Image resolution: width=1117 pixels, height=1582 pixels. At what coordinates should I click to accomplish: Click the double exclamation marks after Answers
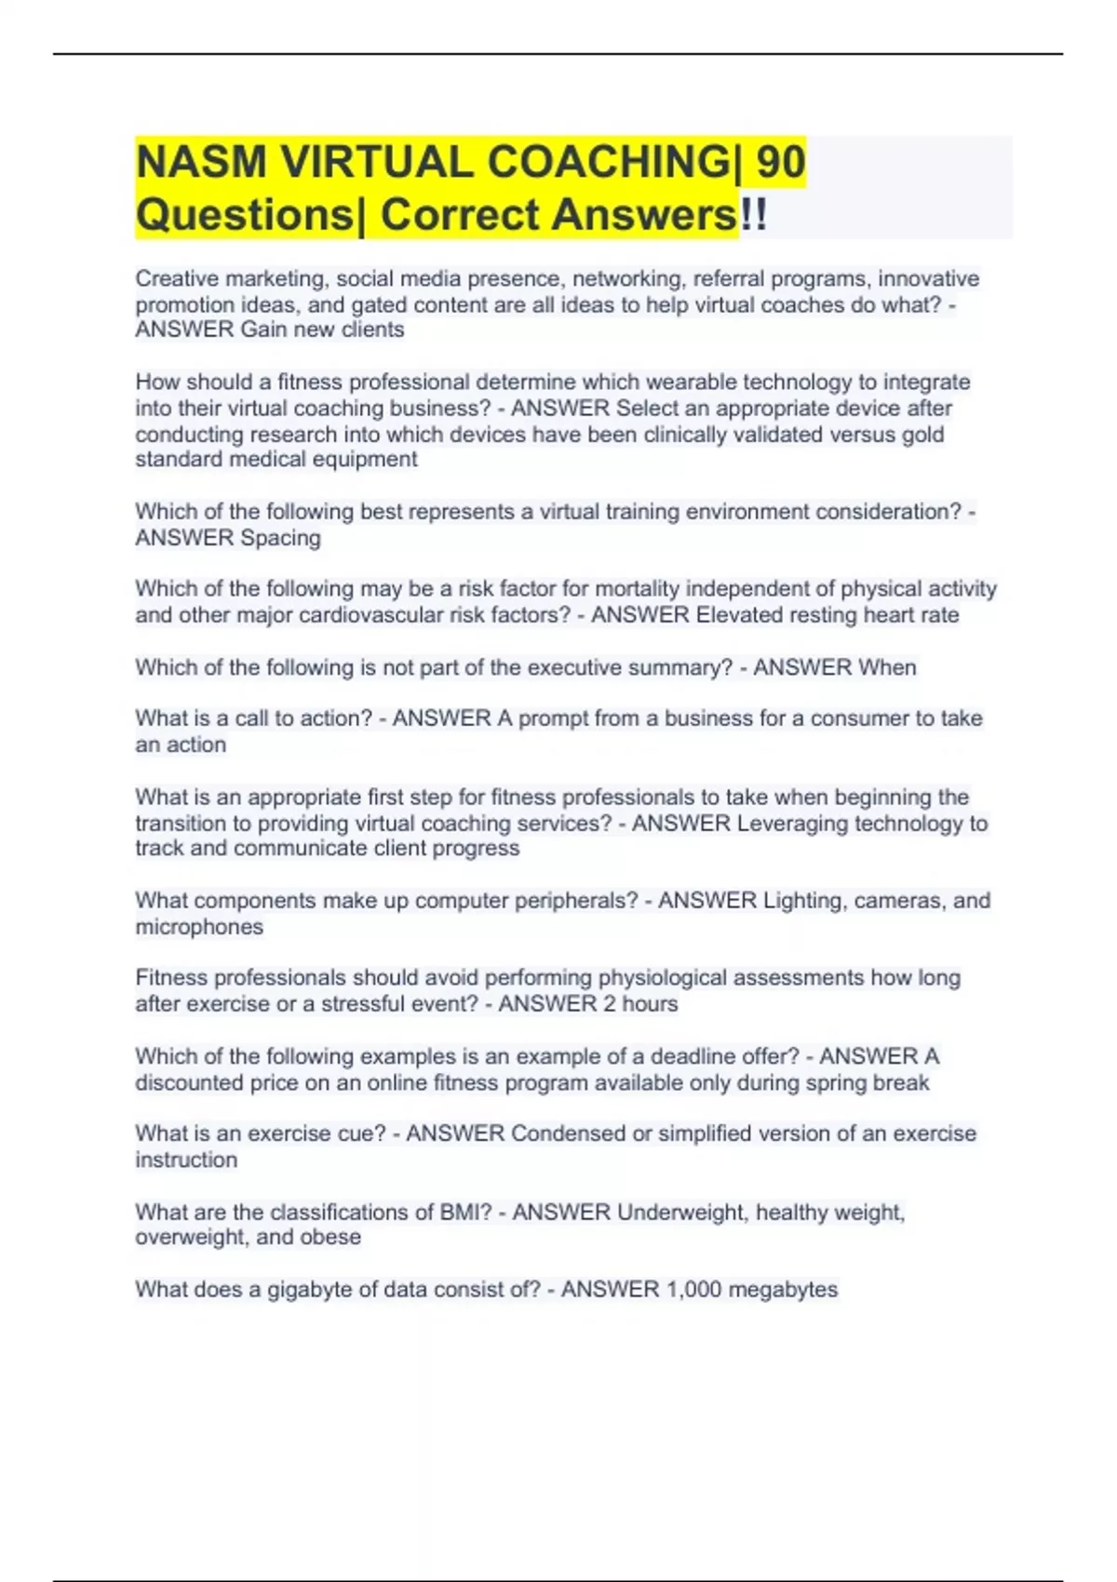(x=754, y=215)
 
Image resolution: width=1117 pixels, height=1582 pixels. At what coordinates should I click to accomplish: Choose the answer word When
(x=887, y=667)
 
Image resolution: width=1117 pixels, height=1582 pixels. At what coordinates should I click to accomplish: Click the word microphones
(x=199, y=927)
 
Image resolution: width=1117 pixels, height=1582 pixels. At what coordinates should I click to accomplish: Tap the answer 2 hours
(x=640, y=1004)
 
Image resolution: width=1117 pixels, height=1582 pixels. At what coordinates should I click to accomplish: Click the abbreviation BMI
(x=464, y=1213)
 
